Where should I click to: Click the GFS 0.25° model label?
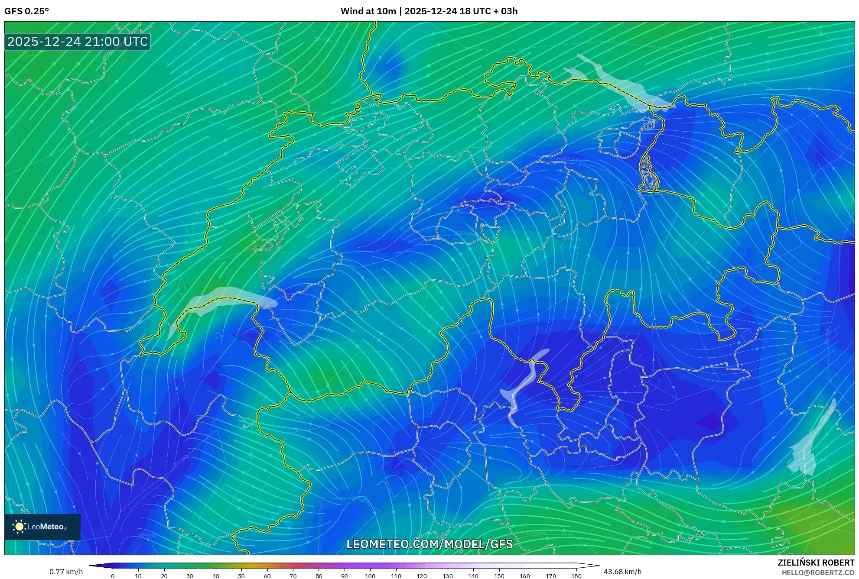click(26, 11)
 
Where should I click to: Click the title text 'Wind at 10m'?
click(368, 11)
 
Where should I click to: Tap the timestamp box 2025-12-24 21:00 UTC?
click(78, 42)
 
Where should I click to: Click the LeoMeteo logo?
click(42, 527)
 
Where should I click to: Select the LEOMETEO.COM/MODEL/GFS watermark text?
click(429, 544)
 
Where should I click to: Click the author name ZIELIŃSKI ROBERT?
click(816, 563)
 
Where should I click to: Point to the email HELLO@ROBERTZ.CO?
click(818, 573)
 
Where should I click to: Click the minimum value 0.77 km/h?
click(66, 572)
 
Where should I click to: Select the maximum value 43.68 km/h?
click(622, 572)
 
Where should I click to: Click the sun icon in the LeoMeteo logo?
click(19, 527)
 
